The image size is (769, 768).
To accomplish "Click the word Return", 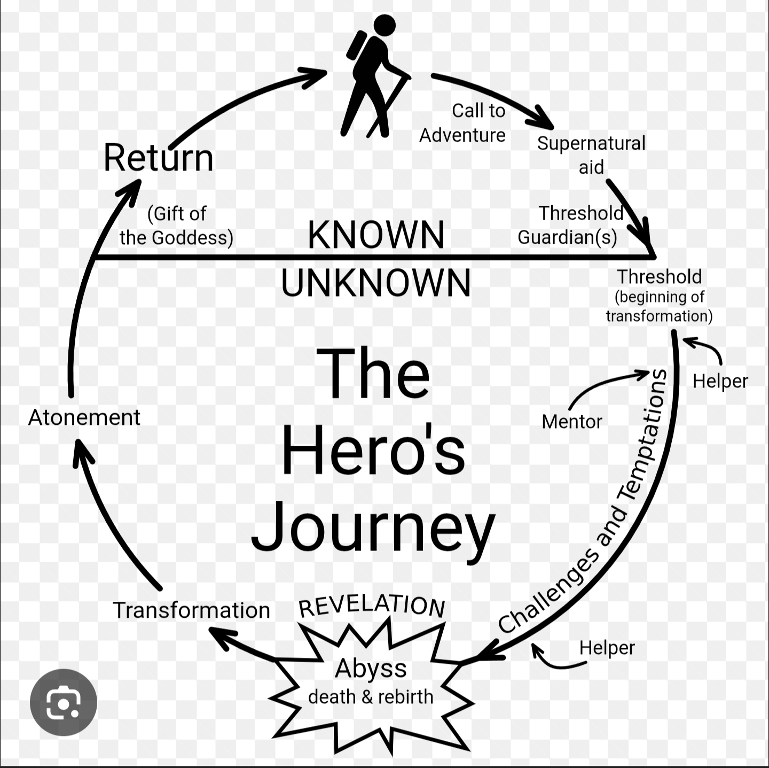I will [159, 158].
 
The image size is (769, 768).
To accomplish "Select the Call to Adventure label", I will [462, 123].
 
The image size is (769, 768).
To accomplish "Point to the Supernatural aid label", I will [591, 155].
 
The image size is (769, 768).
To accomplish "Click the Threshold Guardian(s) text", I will [569, 225].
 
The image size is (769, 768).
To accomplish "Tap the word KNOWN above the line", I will [376, 235].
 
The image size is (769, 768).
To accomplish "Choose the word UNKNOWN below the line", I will [376, 283].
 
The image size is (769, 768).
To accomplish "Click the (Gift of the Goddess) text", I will [176, 226].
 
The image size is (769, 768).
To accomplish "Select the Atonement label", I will [84, 417].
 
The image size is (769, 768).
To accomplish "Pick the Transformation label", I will [191, 610].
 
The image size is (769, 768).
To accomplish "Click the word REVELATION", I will [372, 606].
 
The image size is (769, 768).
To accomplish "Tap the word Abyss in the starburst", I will [371, 668].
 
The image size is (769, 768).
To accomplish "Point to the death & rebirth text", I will [371, 697].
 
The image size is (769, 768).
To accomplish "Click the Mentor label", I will [571, 422].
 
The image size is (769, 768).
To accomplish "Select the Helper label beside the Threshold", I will [720, 381].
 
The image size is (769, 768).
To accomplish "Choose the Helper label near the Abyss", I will [607, 648].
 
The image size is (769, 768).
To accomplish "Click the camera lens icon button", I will [64, 702].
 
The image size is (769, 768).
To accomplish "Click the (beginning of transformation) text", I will [659, 306].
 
